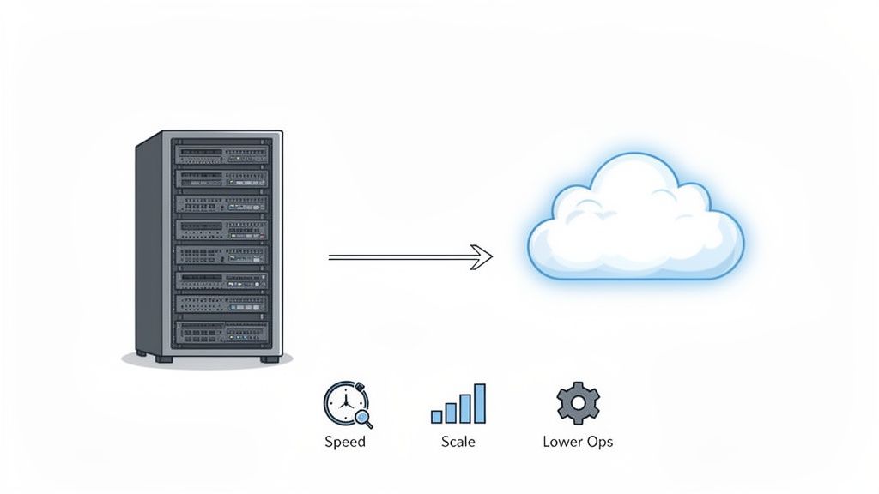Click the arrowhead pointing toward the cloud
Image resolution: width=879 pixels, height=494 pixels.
[483, 256]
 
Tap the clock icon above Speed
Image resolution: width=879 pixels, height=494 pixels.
[344, 402]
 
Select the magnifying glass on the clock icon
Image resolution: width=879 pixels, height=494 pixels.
[363, 419]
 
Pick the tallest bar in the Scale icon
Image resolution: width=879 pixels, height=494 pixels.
[479, 403]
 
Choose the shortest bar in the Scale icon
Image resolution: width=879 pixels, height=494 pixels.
[436, 417]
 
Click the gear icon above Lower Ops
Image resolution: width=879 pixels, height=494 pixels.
[578, 403]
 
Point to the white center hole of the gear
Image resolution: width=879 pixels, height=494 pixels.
[578, 403]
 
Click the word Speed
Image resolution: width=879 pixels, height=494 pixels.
[345, 442]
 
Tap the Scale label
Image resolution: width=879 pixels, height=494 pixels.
[458, 442]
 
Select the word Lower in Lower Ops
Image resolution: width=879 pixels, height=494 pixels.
[562, 442]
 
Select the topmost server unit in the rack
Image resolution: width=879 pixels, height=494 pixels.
[221, 155]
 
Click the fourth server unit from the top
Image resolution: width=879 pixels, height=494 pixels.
[221, 230]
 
